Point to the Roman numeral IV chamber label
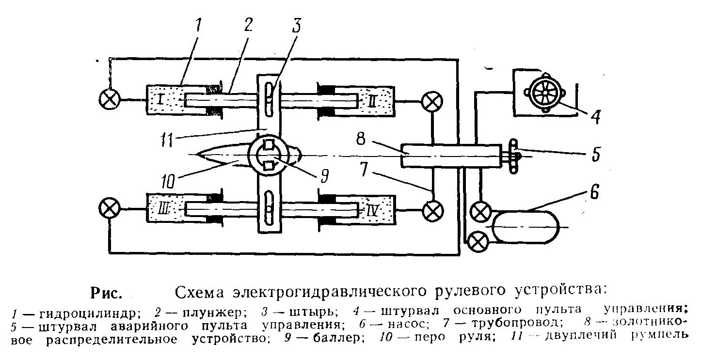371,210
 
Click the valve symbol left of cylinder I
110,100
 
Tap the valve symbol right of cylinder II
432,102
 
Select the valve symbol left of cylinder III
109,208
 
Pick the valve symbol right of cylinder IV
433,210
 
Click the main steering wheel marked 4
545,93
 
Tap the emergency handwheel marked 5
513,156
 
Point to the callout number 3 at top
296,25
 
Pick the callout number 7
363,169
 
